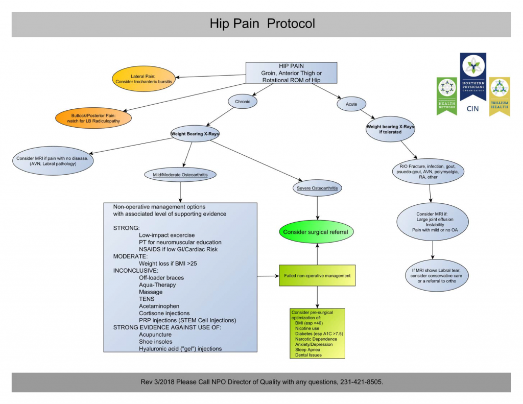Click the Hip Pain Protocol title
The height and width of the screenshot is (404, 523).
click(x=262, y=24)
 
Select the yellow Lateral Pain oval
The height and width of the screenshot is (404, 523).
click(x=144, y=78)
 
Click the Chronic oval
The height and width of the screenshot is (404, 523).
click(x=243, y=101)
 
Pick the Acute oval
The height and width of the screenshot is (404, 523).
click(x=352, y=104)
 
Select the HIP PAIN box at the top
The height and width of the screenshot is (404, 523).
click(x=291, y=73)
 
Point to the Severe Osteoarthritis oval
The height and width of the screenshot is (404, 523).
click(x=318, y=188)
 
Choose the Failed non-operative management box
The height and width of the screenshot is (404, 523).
click(x=317, y=276)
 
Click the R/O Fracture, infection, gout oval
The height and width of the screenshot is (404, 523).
click(x=429, y=172)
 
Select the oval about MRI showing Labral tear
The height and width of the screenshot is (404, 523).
click(x=433, y=275)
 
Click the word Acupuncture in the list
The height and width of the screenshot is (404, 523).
click(x=155, y=335)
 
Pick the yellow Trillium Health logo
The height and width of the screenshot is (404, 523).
click(x=499, y=96)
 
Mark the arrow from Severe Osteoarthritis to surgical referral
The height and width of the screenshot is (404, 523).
click(x=318, y=207)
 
